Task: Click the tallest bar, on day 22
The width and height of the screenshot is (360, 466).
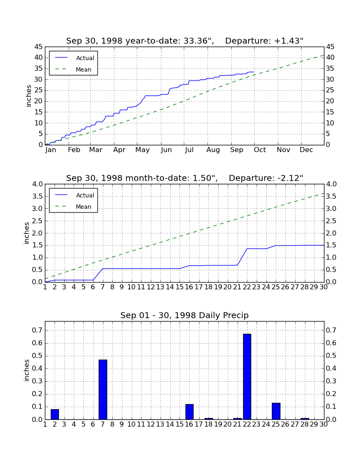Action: [247, 377]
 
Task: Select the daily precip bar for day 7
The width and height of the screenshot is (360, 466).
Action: [103, 390]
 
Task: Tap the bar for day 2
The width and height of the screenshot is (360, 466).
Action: [55, 414]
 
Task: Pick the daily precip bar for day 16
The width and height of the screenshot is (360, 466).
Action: [189, 412]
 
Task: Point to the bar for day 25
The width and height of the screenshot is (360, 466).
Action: [276, 411]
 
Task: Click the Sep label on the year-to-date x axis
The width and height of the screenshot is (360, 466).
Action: [236, 150]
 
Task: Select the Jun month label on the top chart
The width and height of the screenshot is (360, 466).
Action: [166, 150]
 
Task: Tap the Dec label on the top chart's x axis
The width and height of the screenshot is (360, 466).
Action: [306, 150]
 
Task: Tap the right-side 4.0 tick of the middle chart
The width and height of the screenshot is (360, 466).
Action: [331, 184]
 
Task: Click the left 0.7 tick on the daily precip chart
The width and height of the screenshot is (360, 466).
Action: [37, 330]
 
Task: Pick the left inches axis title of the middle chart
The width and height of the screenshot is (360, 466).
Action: [27, 233]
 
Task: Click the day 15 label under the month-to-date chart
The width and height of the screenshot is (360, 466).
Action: [180, 287]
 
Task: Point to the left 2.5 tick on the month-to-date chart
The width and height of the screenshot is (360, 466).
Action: [37, 221]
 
